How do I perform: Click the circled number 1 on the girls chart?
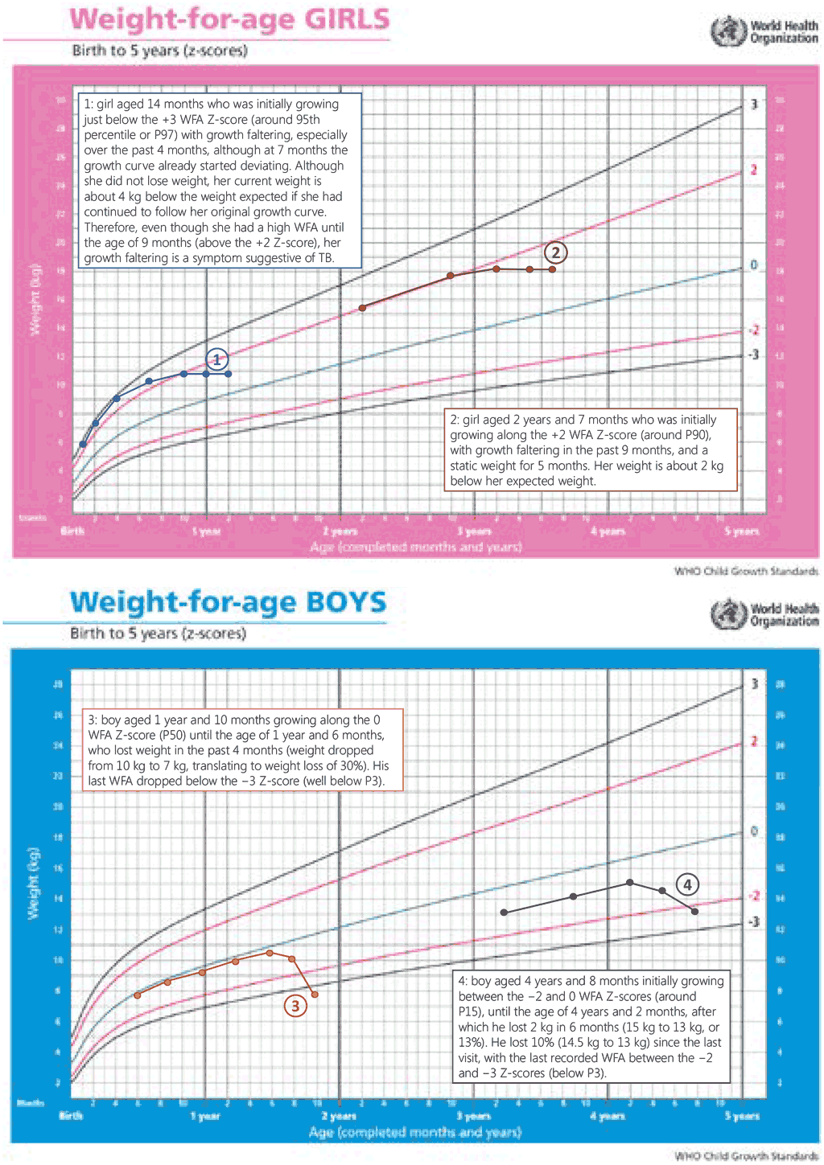pos(216,360)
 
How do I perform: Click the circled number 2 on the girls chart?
pos(555,252)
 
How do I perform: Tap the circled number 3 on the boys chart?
pos(295,1006)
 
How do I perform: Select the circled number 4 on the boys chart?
pos(687,885)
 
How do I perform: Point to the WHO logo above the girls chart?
pos(728,32)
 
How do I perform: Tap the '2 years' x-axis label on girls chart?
pos(340,531)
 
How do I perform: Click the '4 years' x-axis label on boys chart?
pos(608,1116)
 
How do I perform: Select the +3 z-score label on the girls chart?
pos(754,105)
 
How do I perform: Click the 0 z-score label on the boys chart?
pos(754,831)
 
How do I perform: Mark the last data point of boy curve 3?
pos(315,995)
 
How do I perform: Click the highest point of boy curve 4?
pos(630,883)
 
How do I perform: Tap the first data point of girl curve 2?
pos(362,308)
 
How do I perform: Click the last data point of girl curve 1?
pos(229,374)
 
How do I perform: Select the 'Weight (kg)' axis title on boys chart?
pos(34,883)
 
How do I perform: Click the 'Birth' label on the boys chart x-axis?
pos(71,1116)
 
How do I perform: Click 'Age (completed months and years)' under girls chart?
pos(415,547)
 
